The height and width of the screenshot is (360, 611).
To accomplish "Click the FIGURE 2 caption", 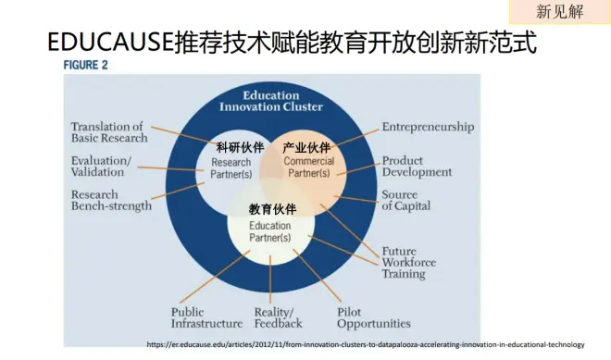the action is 85,65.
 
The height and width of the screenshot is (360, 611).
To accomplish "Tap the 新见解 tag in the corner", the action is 559,11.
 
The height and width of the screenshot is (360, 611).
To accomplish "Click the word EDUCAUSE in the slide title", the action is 110,42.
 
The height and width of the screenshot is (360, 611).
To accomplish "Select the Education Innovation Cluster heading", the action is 271,101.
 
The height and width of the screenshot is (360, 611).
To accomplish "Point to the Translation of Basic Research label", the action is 109,132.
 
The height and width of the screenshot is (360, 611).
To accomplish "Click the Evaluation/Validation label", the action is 101,167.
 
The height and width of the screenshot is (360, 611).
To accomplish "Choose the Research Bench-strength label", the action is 111,200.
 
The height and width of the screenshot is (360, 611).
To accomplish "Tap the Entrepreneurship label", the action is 428,127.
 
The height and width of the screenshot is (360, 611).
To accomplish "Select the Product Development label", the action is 417,167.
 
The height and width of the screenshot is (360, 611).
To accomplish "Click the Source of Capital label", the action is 406,200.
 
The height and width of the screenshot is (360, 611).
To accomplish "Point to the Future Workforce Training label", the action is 409,263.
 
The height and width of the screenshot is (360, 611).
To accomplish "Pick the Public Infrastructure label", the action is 206,318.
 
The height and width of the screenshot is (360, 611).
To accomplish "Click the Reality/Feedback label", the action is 278,318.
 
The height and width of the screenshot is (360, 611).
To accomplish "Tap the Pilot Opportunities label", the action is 374,318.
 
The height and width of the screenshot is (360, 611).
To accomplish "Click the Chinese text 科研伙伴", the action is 240,148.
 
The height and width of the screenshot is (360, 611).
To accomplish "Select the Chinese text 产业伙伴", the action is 306,148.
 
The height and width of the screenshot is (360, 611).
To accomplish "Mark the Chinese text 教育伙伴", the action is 273,209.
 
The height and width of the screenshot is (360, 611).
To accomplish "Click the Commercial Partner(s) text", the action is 309,167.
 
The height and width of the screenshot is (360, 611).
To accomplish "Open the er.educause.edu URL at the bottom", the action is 366,344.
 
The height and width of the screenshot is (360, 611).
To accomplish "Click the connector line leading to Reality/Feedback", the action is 270,279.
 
